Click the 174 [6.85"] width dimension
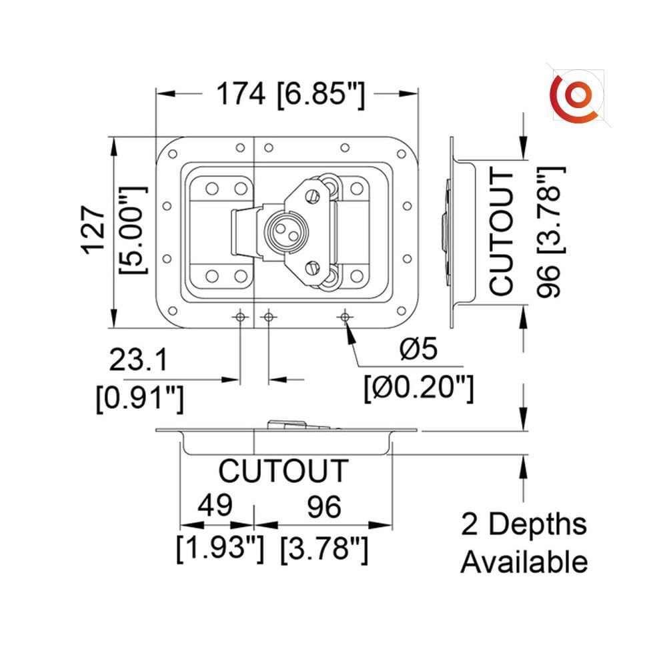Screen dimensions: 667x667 click(289, 94)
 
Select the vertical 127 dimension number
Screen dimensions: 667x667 click(95, 230)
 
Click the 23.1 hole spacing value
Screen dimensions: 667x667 click(138, 360)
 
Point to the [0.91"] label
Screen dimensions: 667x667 click(139, 399)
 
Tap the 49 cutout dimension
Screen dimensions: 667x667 click(215, 506)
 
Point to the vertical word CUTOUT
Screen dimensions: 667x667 click(502, 232)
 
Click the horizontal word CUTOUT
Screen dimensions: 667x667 click(283, 471)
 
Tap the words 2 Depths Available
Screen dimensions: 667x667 click(524, 543)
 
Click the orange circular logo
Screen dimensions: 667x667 click(574, 97)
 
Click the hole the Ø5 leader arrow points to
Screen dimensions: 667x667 click(345, 317)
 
